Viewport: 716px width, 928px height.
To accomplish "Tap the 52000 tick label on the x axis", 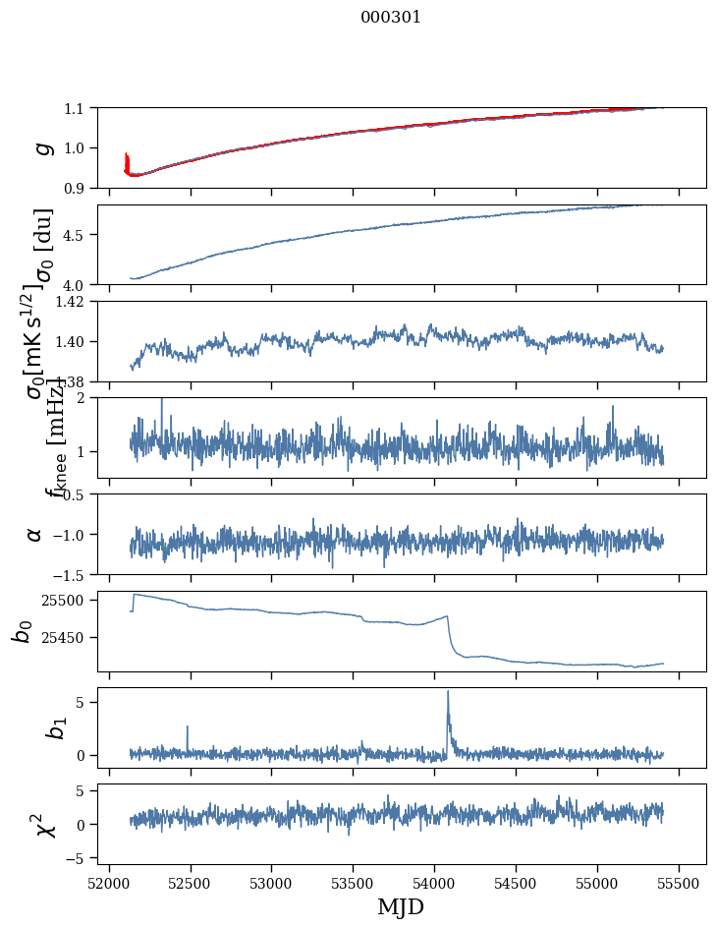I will (108, 882).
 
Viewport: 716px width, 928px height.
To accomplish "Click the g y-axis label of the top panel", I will (41, 147).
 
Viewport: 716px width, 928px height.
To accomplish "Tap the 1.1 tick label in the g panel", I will (75, 107).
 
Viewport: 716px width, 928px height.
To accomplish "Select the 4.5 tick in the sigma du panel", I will (75, 235).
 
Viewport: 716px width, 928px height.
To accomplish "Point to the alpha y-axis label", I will (34, 534).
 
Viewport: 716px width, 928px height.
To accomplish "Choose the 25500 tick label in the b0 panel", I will (65, 600).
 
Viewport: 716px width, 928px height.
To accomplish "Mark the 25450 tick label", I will (65, 638).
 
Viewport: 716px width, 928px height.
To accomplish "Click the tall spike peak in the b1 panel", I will (448, 691).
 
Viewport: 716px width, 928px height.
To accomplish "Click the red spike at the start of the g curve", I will (127, 157).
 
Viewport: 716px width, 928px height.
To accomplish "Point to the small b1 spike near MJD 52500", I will (187, 727).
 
